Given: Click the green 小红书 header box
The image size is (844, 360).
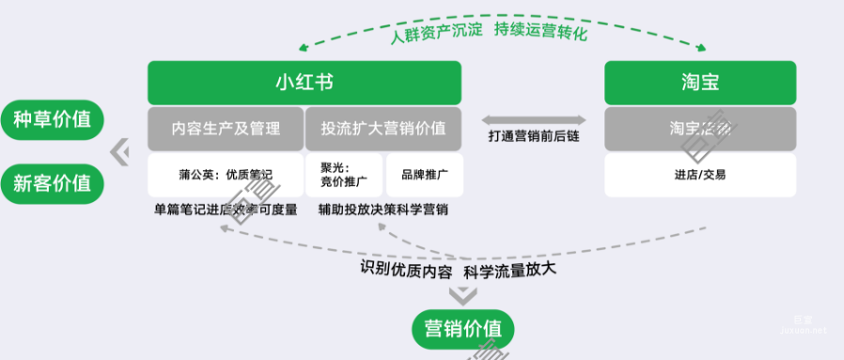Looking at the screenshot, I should (304, 83).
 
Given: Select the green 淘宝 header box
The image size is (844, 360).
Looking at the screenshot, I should (699, 83).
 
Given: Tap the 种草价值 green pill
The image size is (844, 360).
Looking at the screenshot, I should (52, 119).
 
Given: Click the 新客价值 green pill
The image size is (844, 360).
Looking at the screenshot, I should (52, 182).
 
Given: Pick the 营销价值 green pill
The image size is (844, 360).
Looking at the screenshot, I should (462, 329).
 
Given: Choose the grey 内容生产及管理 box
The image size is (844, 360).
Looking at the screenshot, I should (226, 129).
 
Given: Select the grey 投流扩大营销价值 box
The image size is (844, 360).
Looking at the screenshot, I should (383, 129).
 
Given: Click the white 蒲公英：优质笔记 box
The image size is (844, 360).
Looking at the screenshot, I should (226, 175).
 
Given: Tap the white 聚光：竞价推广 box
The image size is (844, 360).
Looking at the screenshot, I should (343, 175).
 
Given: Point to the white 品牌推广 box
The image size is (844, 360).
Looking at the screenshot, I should (424, 175).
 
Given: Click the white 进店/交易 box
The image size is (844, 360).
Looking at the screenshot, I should (699, 175).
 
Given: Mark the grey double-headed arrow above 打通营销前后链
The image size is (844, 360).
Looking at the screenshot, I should (534, 119).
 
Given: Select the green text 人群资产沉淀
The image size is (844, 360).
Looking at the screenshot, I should (437, 31).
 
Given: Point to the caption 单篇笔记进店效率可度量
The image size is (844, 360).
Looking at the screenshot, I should (226, 210).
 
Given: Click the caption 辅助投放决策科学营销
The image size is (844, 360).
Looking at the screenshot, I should (383, 210).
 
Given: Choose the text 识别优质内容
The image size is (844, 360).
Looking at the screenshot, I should (407, 270).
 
